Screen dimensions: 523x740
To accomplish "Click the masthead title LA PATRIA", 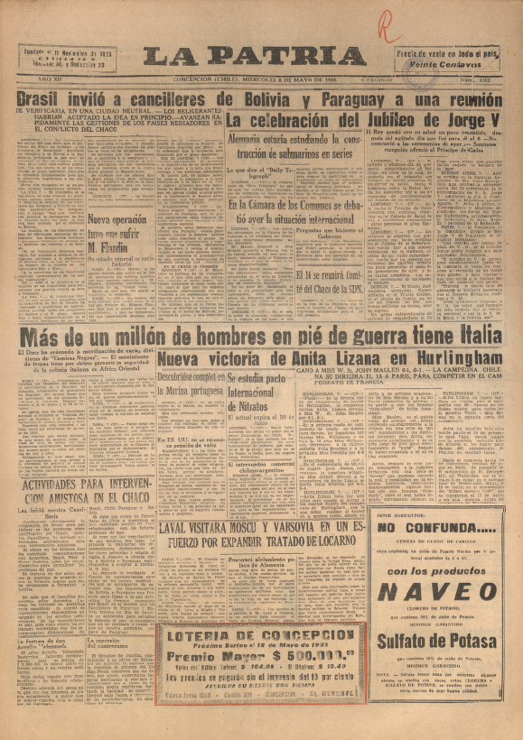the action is (x=255, y=58).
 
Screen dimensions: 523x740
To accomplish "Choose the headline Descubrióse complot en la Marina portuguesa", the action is (x=189, y=385).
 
